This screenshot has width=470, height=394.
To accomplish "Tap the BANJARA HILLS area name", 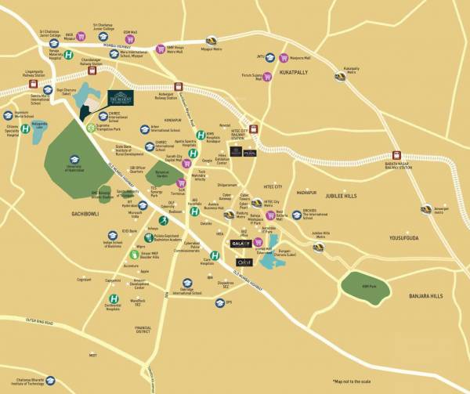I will tap(425, 296).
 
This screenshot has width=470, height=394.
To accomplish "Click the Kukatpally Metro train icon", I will tap(339, 77).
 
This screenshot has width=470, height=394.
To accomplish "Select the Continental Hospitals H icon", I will tap(115, 298).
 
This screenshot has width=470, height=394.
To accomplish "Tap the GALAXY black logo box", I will tap(241, 243).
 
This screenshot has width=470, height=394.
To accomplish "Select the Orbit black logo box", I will tap(242, 263).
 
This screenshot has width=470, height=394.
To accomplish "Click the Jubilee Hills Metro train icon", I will tap(318, 247).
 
